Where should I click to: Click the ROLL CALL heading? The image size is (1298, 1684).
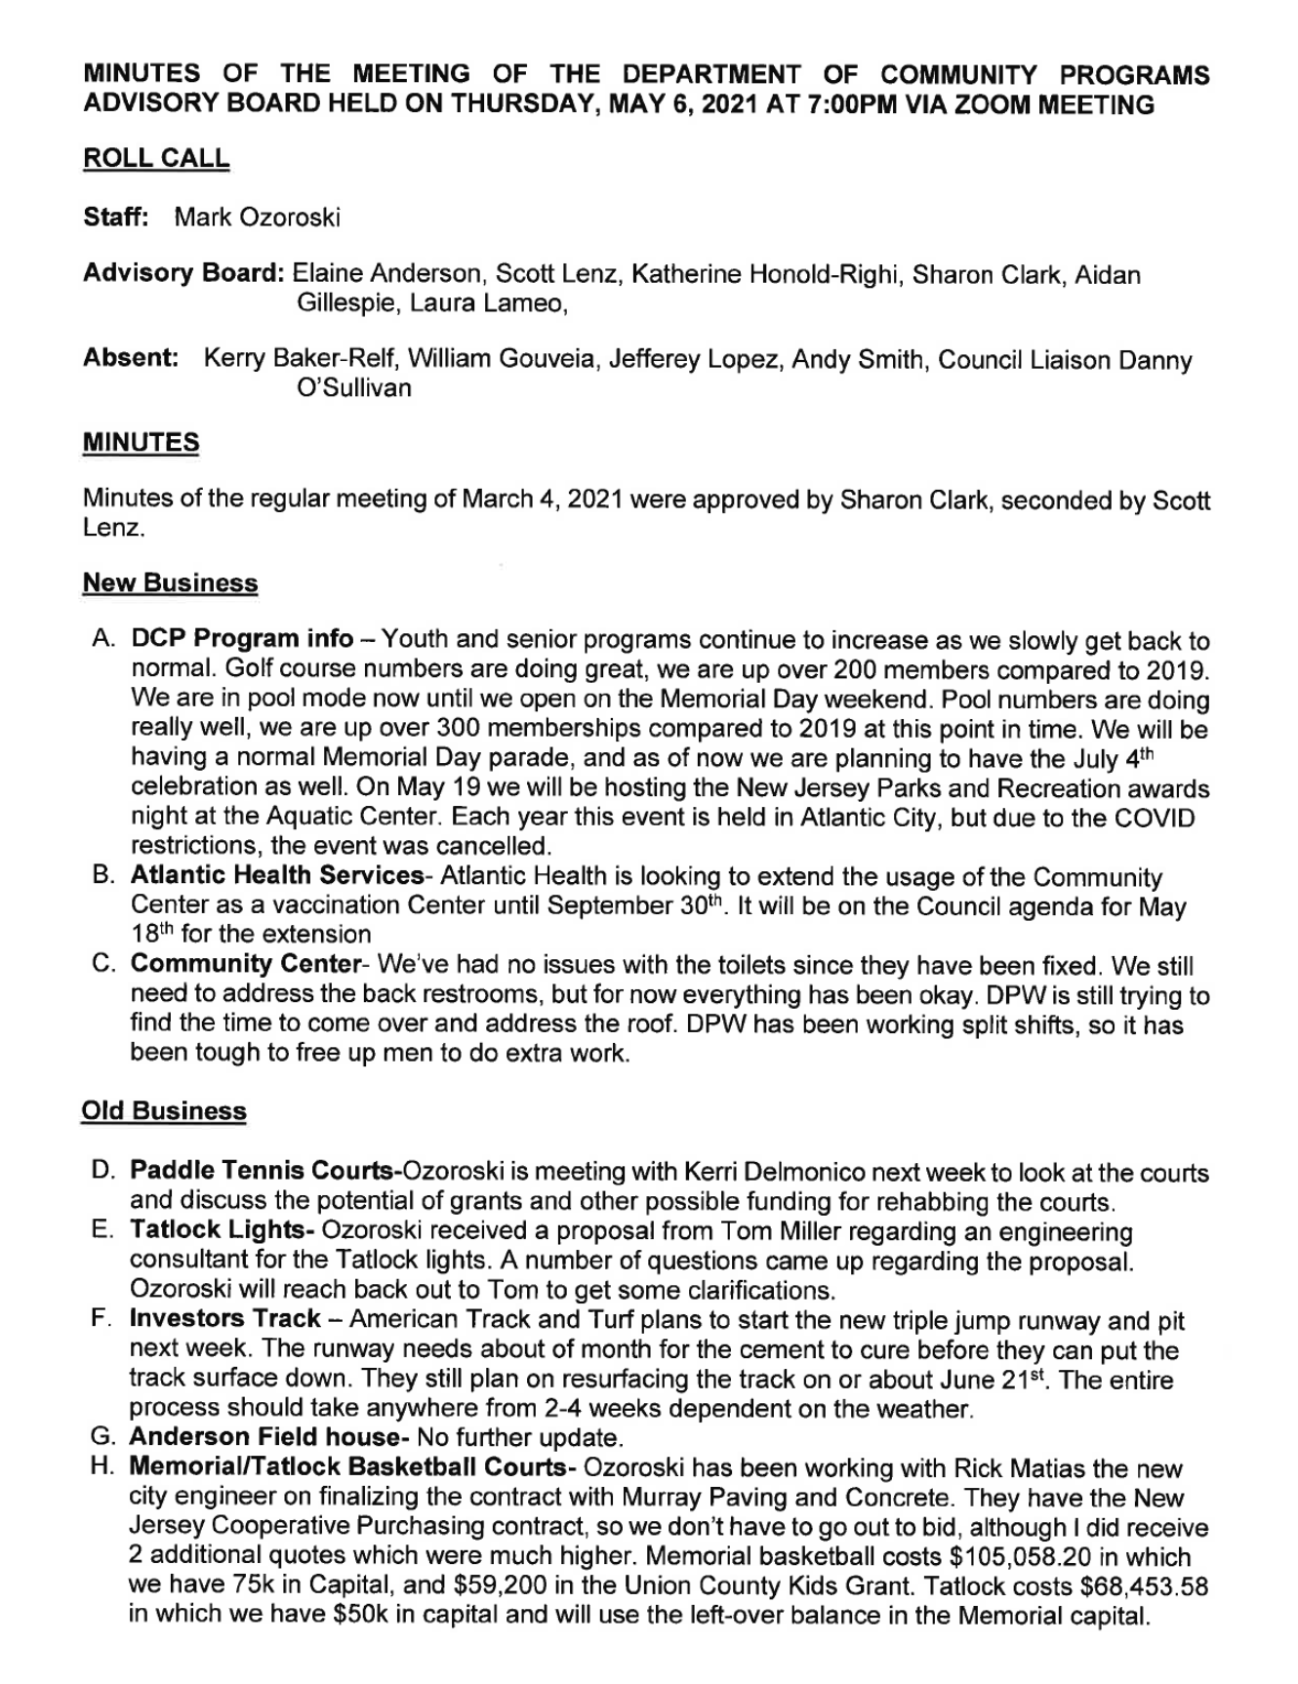point(156,158)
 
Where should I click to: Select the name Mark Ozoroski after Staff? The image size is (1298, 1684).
point(257,217)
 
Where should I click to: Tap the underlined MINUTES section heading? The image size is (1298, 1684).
point(141,442)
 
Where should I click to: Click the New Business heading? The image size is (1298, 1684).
point(170,582)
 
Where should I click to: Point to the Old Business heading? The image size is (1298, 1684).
point(163,1110)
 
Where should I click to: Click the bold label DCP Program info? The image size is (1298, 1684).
point(242,640)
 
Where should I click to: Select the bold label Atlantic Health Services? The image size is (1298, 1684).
point(276,877)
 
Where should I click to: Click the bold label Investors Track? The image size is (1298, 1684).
point(224,1319)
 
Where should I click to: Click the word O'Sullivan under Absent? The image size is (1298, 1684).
point(352,388)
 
